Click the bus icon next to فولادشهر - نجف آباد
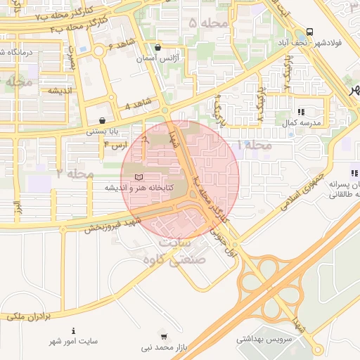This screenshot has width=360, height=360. [310, 32]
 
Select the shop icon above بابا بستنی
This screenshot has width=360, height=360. [103, 120]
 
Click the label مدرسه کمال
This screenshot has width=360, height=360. [302, 122]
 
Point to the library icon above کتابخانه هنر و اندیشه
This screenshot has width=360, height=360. [139, 176]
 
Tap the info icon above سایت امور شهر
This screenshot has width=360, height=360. [73, 330]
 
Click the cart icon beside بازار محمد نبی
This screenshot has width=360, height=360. [164, 336]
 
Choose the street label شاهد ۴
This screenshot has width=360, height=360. [136, 105]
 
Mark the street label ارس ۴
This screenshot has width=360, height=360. [116, 144]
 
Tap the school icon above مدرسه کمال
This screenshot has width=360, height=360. [302, 111]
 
